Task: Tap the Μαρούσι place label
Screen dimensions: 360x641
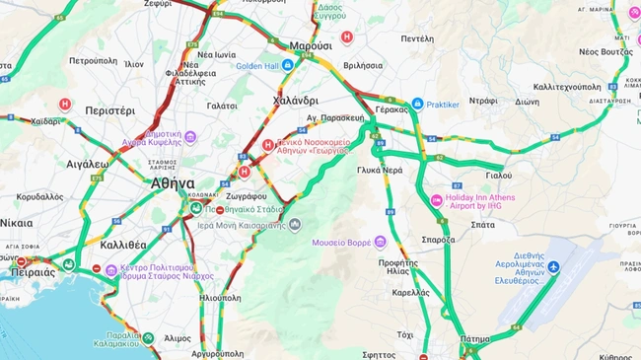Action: (x=311, y=46)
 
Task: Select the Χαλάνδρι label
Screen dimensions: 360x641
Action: (x=295, y=101)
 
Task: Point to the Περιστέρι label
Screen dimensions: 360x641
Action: (x=109, y=110)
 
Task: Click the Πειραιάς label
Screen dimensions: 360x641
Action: (x=33, y=271)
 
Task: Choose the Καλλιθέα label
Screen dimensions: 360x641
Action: (x=124, y=245)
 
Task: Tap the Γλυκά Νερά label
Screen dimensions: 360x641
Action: (x=380, y=170)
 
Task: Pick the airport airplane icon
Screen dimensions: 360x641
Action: (x=553, y=267)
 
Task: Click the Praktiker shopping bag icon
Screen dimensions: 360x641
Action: (x=417, y=104)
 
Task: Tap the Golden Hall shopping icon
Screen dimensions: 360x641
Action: (x=288, y=65)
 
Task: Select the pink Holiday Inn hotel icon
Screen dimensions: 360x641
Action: (x=436, y=201)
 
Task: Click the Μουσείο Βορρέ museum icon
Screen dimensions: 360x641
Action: (x=381, y=242)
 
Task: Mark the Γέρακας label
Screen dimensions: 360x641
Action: (x=392, y=110)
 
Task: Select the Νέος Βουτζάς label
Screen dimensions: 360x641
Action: (x=605, y=50)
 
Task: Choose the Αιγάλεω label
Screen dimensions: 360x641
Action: (x=87, y=165)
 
